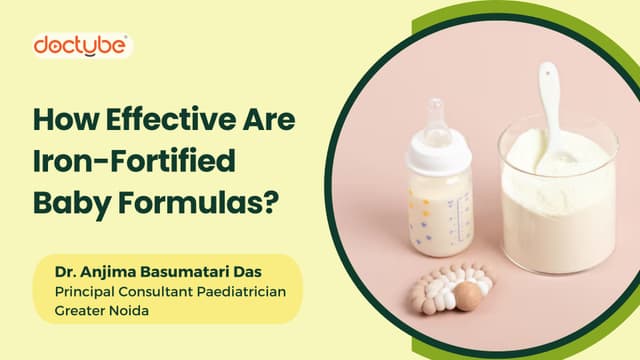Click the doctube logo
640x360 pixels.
(x=81, y=45)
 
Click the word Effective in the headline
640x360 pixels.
(x=171, y=119)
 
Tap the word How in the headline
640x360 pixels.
(x=66, y=119)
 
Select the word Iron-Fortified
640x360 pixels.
(x=134, y=160)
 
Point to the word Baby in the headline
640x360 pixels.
(x=72, y=202)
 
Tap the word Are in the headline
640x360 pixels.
(x=269, y=119)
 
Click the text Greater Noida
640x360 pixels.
(x=102, y=311)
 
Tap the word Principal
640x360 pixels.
(x=85, y=292)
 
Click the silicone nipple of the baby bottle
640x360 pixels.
(x=436, y=119)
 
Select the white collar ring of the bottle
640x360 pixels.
(x=439, y=153)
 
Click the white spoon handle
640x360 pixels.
(x=550, y=106)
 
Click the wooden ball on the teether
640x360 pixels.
(x=468, y=296)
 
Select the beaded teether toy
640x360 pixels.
(x=451, y=288)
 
